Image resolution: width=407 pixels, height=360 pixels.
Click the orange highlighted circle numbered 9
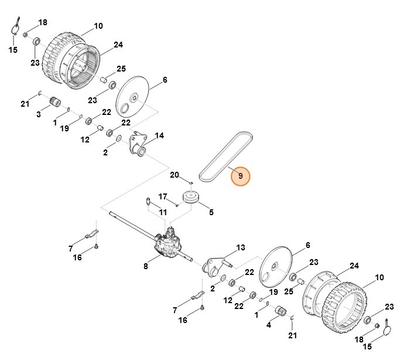tap(240, 176)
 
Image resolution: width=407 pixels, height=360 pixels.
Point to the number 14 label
tap(159, 136)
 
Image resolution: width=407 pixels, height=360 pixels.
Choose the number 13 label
tap(240, 247)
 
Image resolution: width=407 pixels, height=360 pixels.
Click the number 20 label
tap(174, 175)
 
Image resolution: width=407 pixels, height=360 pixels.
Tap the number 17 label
tap(163, 196)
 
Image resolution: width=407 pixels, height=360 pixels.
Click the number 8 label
tap(146, 266)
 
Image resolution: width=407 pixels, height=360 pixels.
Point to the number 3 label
tap(39, 114)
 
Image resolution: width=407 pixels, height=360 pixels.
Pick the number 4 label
tap(269, 324)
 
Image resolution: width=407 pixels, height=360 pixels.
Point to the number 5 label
tap(211, 212)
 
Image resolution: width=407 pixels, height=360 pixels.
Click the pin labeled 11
tap(148, 202)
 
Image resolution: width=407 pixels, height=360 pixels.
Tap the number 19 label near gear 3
tap(66, 128)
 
